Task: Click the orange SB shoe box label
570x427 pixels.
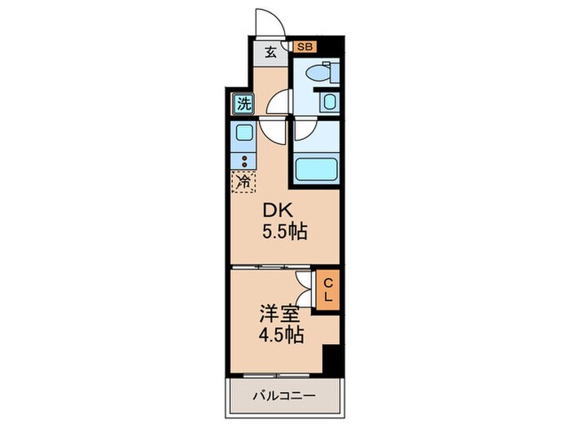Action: (305, 47)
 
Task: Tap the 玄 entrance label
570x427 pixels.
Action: (270, 53)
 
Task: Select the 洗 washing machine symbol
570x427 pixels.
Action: (243, 104)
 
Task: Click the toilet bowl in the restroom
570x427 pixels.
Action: (318, 72)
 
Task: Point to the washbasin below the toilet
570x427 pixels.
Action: (330, 102)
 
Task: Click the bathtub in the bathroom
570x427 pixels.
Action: (316, 168)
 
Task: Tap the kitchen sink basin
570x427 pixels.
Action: (244, 132)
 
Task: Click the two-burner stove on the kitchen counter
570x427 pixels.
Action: (244, 161)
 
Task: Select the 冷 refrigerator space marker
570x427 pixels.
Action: (243, 181)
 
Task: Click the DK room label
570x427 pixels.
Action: (278, 210)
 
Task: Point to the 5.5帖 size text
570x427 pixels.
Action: (285, 231)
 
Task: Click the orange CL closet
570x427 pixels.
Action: (327, 290)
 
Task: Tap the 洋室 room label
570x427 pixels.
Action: (279, 315)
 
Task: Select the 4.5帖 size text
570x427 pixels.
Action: (281, 335)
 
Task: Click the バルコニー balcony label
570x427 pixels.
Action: (284, 395)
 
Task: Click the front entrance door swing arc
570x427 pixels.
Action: (270, 22)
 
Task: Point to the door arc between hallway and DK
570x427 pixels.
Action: (272, 131)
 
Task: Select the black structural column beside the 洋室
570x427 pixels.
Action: (332, 360)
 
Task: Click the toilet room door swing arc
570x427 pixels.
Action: (279, 102)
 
